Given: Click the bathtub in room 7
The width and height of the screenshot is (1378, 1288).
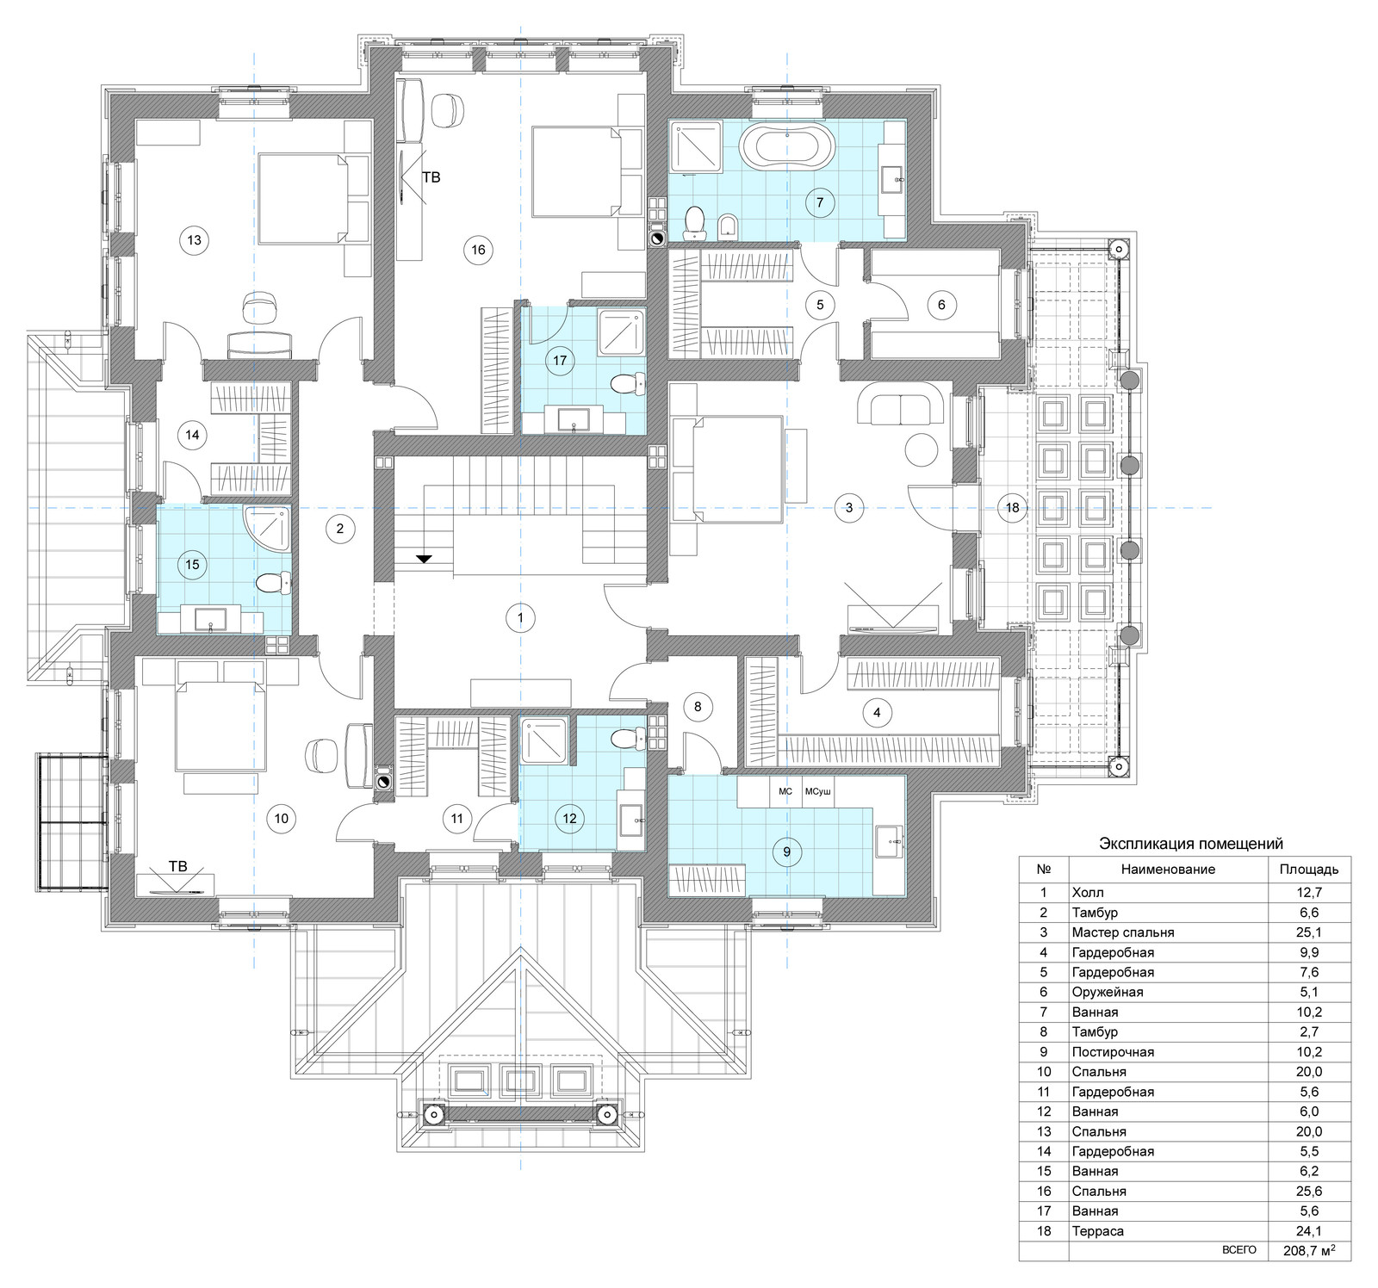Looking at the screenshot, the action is (787, 148).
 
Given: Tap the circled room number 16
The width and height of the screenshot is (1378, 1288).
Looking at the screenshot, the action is (478, 250).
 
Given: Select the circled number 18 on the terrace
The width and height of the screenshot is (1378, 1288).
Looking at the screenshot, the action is (1012, 507).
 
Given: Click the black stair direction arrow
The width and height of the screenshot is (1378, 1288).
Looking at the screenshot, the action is (424, 559).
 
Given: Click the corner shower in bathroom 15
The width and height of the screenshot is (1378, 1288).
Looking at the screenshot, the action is (267, 528).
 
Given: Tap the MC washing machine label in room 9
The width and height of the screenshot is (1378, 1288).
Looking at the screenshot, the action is (785, 790).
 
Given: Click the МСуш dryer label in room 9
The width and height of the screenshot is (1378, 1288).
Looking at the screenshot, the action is (818, 790).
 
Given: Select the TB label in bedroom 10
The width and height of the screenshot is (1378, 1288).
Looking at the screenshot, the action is (177, 866).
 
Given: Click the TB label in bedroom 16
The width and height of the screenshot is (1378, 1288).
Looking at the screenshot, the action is (431, 177).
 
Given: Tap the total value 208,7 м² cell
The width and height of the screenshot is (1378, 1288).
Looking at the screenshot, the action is (1309, 1250).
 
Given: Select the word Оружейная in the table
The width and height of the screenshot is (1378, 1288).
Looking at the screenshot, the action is (1108, 992).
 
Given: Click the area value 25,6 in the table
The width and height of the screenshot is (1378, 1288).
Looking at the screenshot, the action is (1309, 1191).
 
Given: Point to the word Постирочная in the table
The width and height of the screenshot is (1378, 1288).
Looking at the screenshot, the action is (1113, 1052).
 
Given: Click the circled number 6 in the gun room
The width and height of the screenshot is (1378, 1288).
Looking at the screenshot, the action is (941, 304).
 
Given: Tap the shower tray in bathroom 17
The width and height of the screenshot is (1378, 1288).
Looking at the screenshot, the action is (620, 331).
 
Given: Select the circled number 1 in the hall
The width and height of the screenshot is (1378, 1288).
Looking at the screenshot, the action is (519, 617).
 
